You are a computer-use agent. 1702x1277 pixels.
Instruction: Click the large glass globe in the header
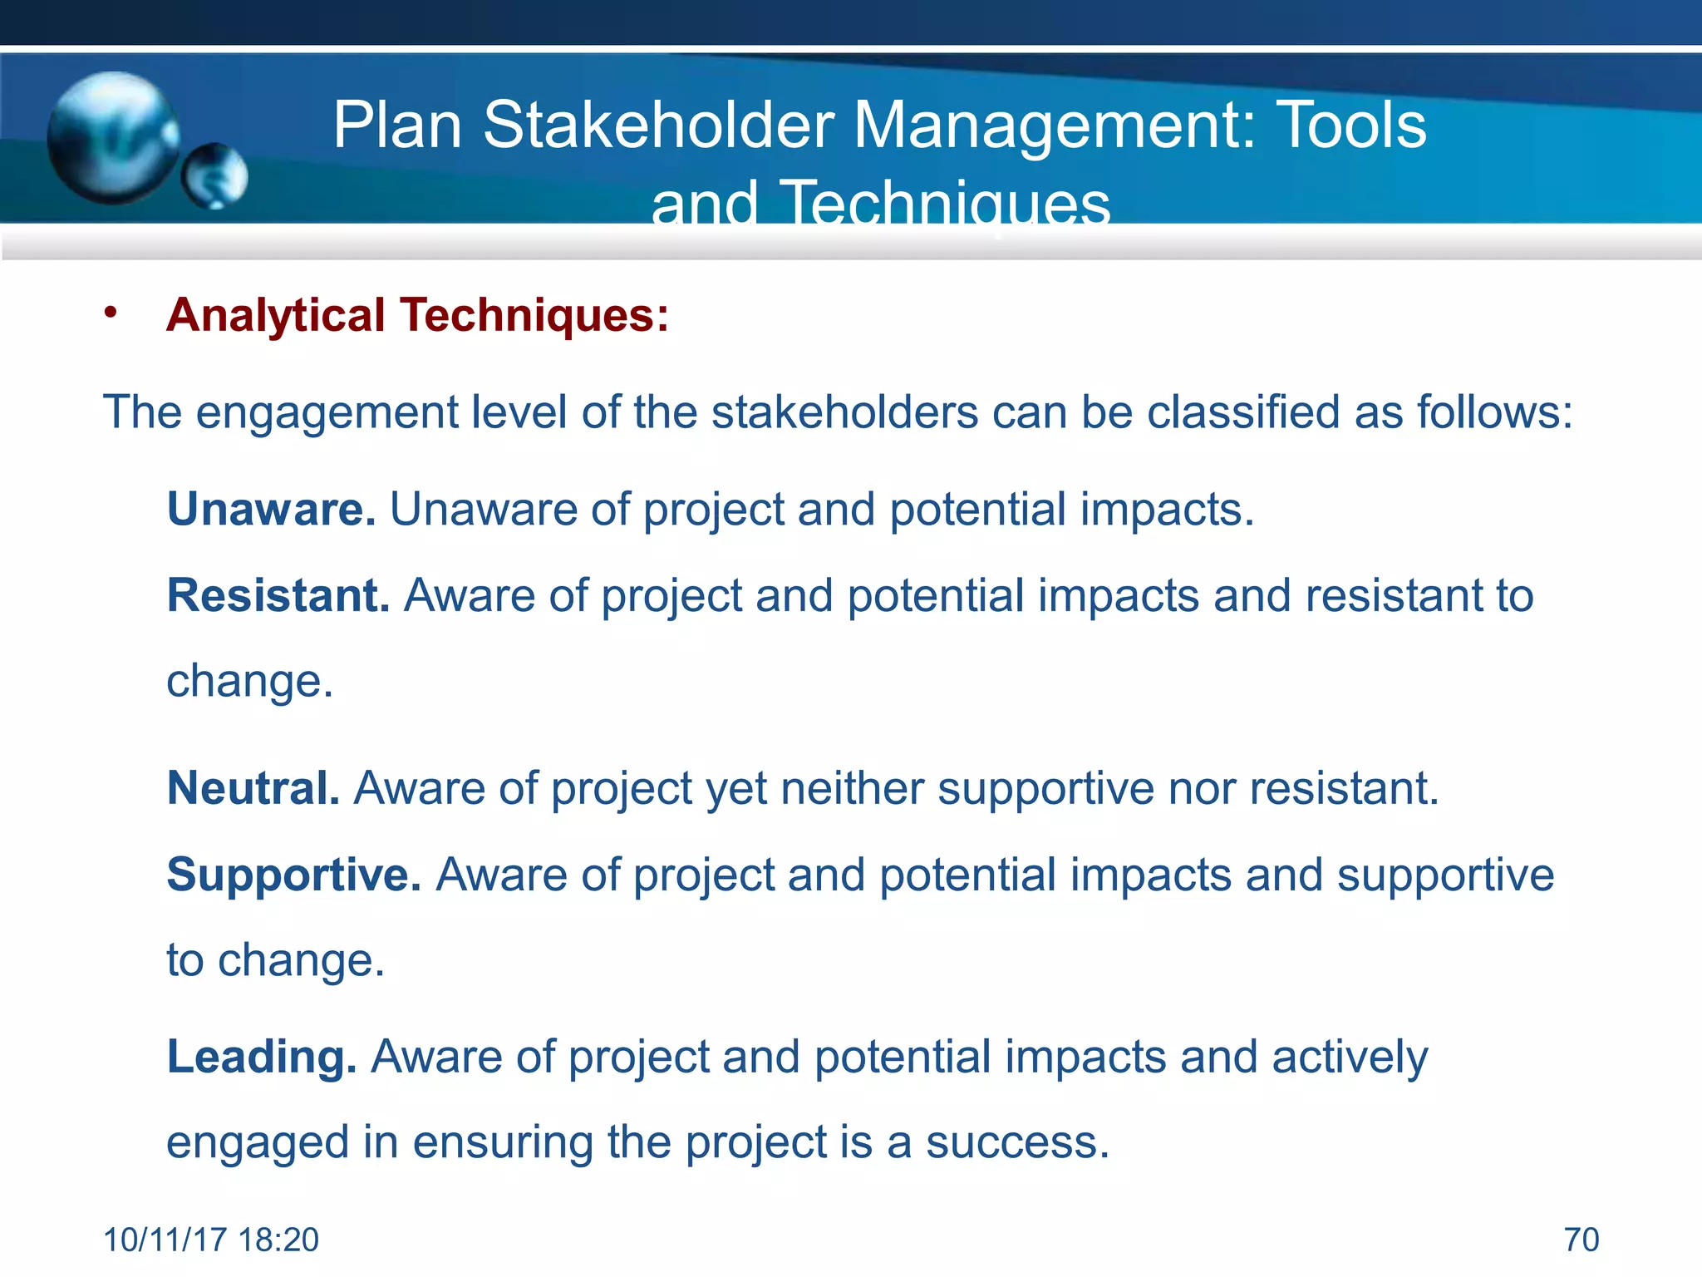[112, 138]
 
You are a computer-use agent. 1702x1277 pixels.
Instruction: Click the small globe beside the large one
[215, 176]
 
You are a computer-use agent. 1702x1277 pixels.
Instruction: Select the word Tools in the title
[1350, 126]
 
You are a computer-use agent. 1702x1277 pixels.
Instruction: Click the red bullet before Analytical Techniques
[111, 313]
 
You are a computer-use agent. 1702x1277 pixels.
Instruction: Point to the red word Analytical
[275, 316]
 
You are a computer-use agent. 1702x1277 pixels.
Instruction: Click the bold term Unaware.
[271, 509]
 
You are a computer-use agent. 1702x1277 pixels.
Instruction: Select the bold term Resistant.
[278, 595]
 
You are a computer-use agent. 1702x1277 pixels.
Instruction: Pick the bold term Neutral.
[253, 787]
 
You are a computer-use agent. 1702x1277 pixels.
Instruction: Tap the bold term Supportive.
[293, 875]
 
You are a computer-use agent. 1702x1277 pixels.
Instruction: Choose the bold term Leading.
[261, 1057]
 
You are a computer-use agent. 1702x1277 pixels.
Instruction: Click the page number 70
[1581, 1240]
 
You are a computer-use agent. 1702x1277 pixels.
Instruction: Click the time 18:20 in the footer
[278, 1240]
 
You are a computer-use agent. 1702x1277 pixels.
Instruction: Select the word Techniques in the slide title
[945, 205]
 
